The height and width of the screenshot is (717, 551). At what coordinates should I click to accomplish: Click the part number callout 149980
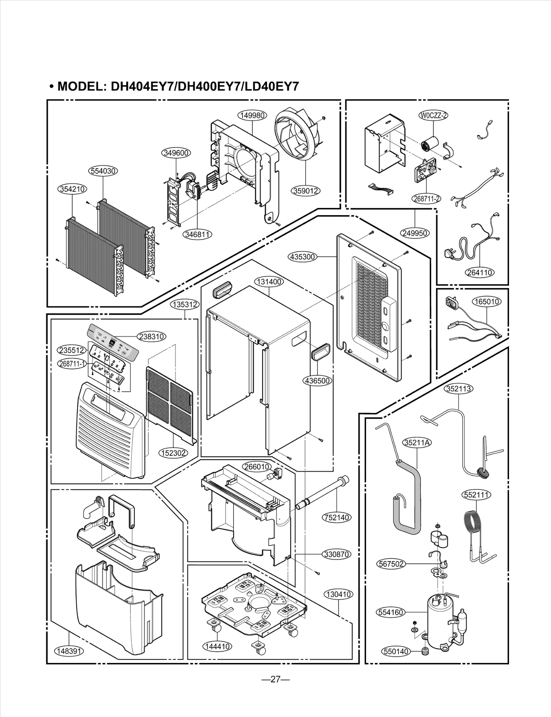tap(252, 115)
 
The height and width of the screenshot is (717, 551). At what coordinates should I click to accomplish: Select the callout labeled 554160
tap(390, 612)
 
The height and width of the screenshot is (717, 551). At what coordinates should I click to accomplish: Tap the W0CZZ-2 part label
tap(433, 115)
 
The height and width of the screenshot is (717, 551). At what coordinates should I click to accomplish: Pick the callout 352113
tap(459, 389)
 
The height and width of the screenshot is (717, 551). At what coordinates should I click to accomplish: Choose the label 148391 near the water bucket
tap(68, 651)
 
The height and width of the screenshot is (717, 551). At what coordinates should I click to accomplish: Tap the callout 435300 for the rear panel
tap(302, 257)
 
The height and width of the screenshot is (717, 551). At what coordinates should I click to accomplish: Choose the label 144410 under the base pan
tap(217, 646)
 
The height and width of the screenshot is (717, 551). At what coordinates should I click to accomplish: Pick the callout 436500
tap(317, 381)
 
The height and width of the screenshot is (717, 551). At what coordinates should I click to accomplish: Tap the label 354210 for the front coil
tap(72, 189)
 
